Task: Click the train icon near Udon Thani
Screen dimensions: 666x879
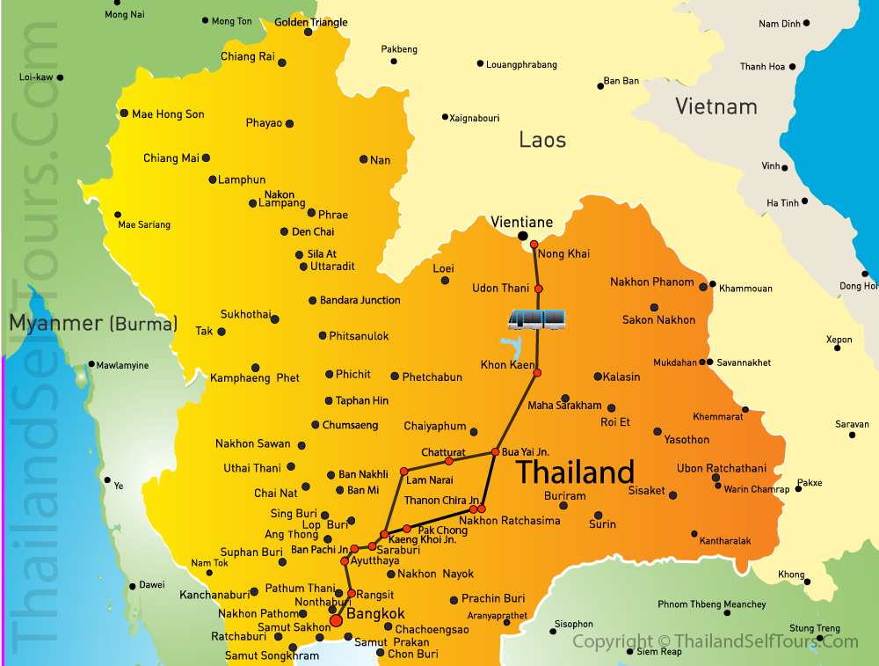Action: (x=537, y=318)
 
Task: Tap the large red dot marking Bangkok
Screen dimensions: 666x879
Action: (x=336, y=622)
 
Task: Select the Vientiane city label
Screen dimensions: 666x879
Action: (x=521, y=222)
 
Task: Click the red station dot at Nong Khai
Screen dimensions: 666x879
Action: (x=534, y=245)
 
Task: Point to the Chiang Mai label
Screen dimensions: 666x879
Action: (x=171, y=158)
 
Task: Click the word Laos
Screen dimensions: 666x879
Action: (x=542, y=139)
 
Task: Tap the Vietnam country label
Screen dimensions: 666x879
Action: (x=716, y=106)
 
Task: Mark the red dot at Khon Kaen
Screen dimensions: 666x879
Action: (x=537, y=373)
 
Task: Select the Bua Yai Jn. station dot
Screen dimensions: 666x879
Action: (x=495, y=452)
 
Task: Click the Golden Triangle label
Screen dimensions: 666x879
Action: (x=311, y=22)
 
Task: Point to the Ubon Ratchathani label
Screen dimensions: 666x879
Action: (x=721, y=468)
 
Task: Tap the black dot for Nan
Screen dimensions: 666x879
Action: (x=363, y=159)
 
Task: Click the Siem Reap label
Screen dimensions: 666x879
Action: (x=658, y=652)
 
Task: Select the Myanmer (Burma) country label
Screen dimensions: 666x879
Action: (x=93, y=323)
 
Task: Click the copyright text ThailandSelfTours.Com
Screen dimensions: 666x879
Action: (x=715, y=641)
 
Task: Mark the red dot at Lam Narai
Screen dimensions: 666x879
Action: (x=403, y=472)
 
